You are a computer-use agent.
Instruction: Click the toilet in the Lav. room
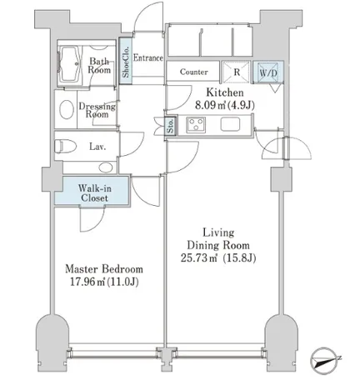[66, 146]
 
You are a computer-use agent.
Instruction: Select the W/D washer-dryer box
[268, 72]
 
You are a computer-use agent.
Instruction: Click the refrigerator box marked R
[237, 72]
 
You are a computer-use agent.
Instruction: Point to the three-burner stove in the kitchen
[196, 125]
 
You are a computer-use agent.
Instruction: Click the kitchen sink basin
[230, 124]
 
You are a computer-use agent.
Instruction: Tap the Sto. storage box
[171, 126]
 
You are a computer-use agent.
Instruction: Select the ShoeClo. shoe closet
[125, 61]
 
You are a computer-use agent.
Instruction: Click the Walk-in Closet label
[94, 193]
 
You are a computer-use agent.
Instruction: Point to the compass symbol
[323, 361]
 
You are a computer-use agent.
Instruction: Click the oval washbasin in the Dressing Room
[67, 110]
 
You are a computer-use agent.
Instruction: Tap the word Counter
[194, 72]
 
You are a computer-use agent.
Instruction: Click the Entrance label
[148, 57]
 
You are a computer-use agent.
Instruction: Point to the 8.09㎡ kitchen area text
[211, 105]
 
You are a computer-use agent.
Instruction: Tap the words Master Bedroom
[104, 269]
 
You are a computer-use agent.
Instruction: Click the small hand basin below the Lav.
[106, 167]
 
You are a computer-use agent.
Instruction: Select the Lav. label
[97, 147]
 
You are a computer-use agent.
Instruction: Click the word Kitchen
[225, 92]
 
